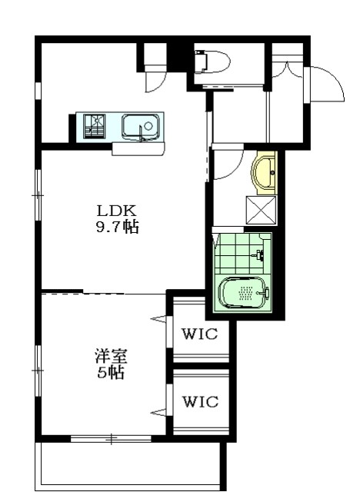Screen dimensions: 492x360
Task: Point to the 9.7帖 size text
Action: pos(117,228)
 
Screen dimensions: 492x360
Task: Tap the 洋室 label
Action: pos(110,357)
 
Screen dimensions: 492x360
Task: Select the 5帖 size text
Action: pos(110,374)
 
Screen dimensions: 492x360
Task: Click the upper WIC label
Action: pos(200,334)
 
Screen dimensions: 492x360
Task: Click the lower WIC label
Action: pos(200,401)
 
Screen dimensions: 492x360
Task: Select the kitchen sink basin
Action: pos(140,125)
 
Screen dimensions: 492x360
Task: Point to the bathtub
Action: pos(244,293)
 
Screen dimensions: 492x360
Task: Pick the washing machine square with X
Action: pos(260,208)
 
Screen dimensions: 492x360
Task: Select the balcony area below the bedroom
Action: pos(131,465)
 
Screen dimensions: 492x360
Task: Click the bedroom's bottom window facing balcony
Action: pos(112,439)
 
